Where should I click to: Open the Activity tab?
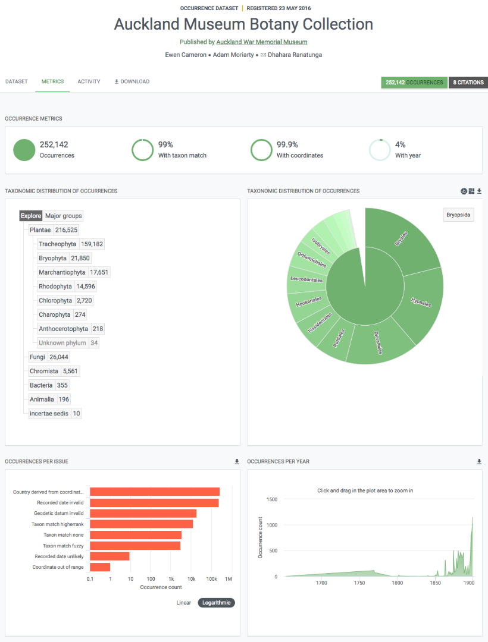(89, 81)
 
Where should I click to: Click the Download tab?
(132, 81)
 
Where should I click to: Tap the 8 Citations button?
(468, 83)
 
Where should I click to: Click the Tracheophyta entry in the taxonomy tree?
(57, 244)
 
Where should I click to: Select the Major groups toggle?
(64, 216)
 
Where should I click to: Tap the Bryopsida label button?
(459, 215)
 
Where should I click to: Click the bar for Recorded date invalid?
(154, 503)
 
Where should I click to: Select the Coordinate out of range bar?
(100, 567)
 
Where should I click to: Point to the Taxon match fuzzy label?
(62, 546)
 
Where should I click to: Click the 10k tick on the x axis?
(192, 579)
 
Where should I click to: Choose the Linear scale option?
(184, 603)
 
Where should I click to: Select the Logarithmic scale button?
(217, 603)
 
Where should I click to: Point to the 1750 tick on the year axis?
(359, 583)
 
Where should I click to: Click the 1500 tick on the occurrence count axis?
(271, 499)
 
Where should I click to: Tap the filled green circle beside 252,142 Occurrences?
(24, 150)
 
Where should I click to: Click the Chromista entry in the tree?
(44, 372)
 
